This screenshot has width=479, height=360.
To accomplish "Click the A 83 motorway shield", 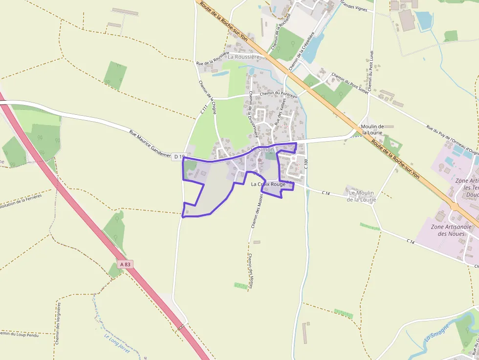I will point(126,264).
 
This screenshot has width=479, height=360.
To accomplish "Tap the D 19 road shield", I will point(179,157).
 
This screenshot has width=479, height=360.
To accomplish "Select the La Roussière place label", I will point(243,57).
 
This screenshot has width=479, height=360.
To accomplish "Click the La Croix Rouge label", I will point(268,184).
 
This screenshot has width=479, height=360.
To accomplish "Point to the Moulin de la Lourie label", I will point(372,129).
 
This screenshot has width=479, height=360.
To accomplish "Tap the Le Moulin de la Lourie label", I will point(362,196).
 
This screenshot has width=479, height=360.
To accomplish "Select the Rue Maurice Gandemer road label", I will point(150,143).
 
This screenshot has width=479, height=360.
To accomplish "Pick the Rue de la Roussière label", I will point(212,58).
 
